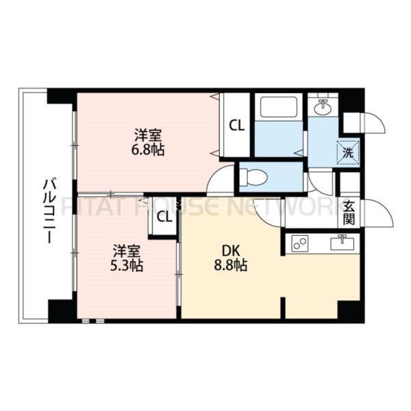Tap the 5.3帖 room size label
point(127,265)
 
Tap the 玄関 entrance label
point(349,212)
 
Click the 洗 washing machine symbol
point(349,153)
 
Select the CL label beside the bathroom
point(236,125)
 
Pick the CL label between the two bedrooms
point(164,218)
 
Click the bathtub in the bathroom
point(277,108)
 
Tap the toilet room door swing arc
point(221,182)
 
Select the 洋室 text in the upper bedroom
point(149,134)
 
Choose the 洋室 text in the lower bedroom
point(127,251)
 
